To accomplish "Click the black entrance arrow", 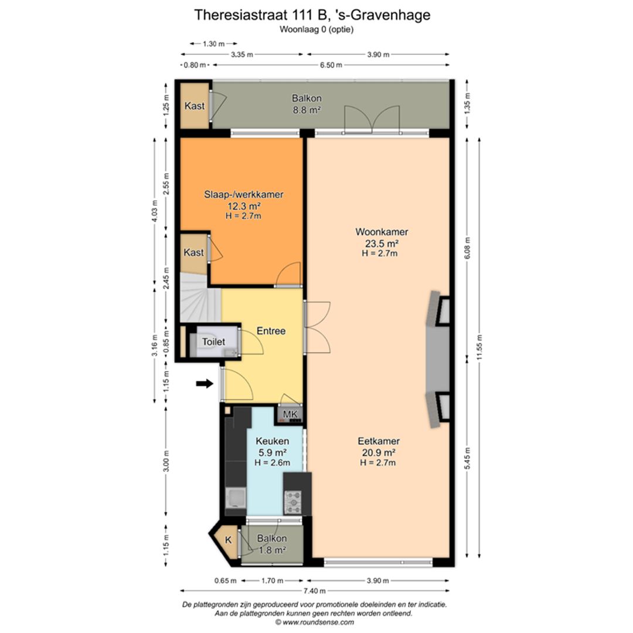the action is coord(205,383).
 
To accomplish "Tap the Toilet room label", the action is coord(213,342).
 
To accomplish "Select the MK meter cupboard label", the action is coord(290,414).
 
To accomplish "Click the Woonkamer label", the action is coord(382,232).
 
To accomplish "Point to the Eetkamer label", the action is coord(379,441).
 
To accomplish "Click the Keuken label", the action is coord(273,441).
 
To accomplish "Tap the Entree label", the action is coord(271,331).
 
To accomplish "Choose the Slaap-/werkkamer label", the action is coord(243,194).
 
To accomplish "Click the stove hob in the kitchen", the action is coord(293,502).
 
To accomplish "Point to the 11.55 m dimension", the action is coord(479,348).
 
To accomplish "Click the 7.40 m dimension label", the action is coord(315,591).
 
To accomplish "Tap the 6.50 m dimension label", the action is coord(331,65).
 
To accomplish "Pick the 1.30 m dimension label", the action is coord(213,44).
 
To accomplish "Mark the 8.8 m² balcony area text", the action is coord(307,110).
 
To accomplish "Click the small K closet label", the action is coord(229,540).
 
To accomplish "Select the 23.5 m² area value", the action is coord(382,243).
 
